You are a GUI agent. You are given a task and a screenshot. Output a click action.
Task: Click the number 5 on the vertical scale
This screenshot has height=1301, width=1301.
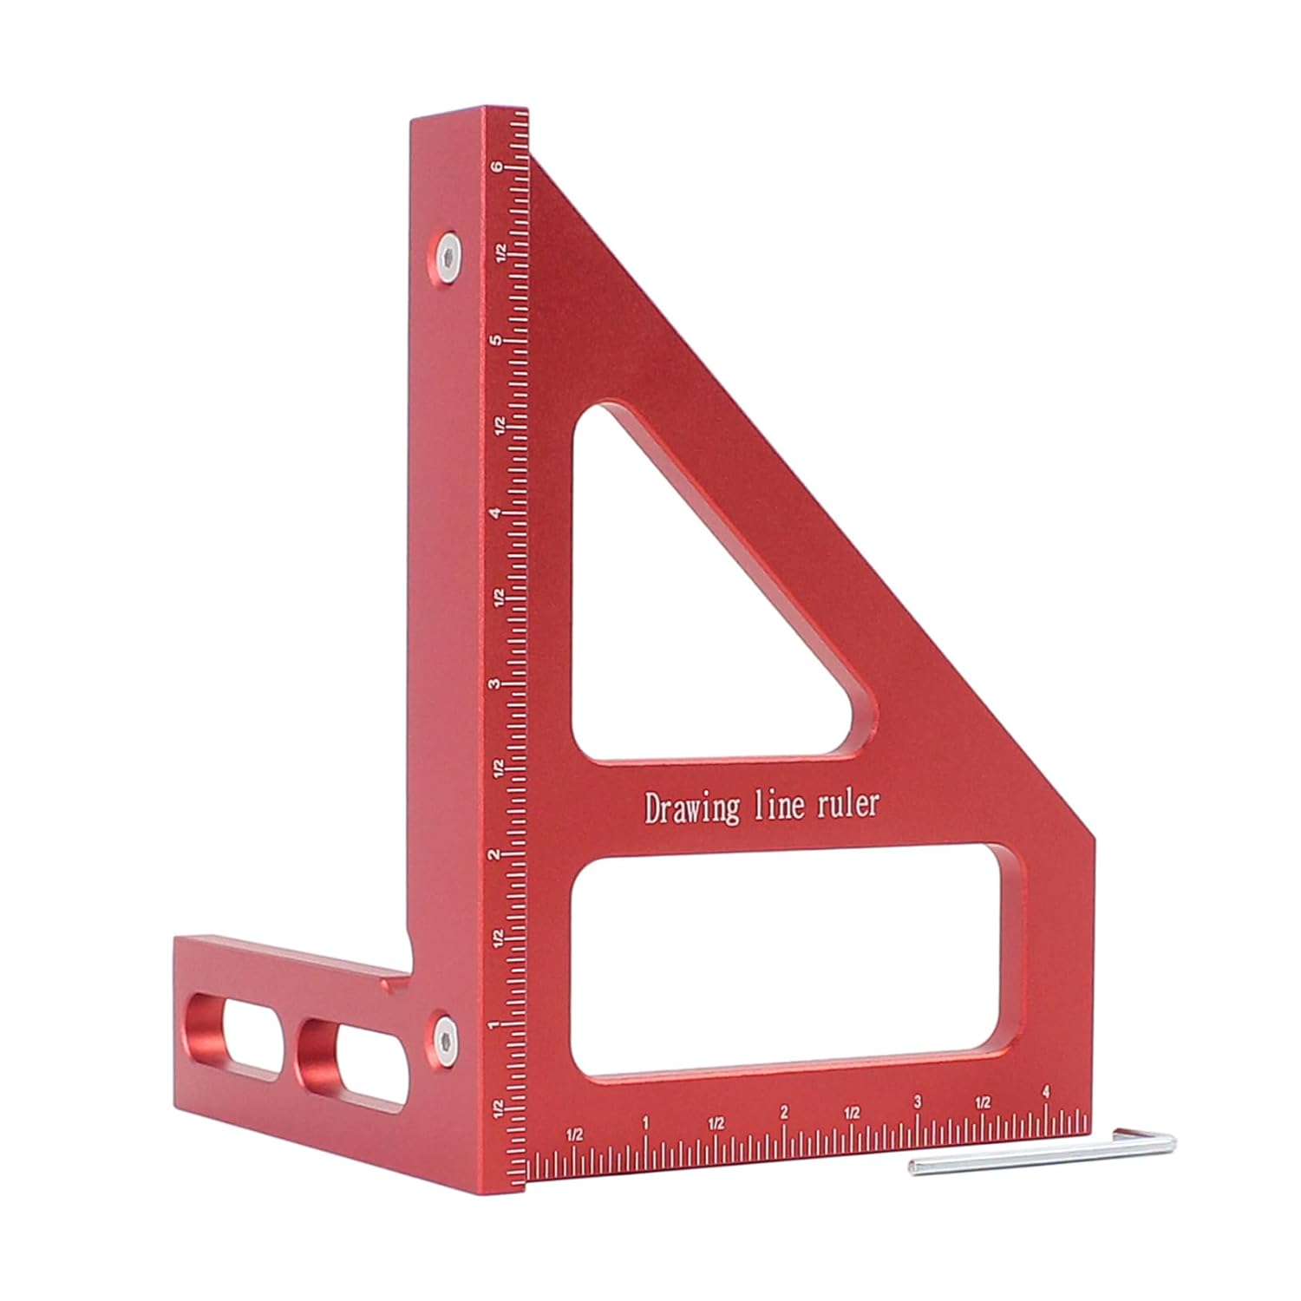tap(495, 341)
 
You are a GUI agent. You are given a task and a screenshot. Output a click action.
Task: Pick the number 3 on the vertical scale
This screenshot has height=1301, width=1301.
tap(495, 684)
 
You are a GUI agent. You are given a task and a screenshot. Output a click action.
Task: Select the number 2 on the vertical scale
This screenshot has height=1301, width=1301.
tap(495, 855)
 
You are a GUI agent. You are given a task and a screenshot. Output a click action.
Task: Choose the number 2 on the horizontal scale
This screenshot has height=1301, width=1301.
tap(784, 1113)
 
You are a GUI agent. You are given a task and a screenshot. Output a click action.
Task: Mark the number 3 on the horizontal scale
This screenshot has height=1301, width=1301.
tap(918, 1103)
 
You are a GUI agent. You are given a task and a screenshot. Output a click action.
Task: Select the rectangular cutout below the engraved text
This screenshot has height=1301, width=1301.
tap(789, 963)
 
